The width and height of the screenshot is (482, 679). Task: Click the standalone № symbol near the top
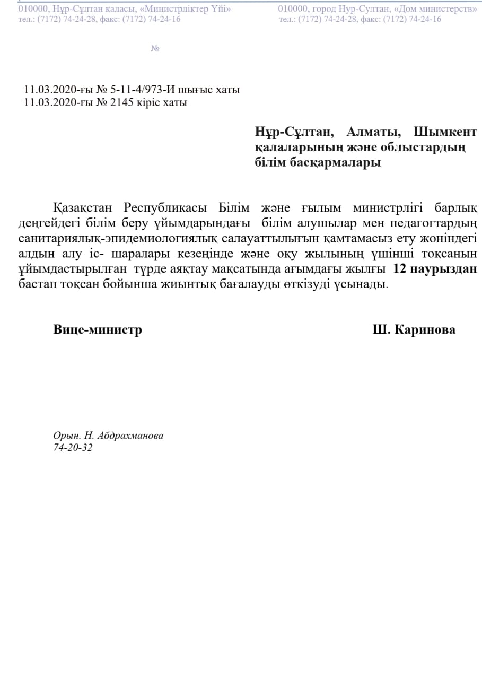tap(155, 49)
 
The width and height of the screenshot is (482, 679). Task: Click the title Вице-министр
tap(98, 329)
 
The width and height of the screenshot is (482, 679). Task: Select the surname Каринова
tap(425, 329)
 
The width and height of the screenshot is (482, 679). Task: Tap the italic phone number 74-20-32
tap(73, 448)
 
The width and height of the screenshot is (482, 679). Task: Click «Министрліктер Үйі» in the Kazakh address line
tap(185, 9)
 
